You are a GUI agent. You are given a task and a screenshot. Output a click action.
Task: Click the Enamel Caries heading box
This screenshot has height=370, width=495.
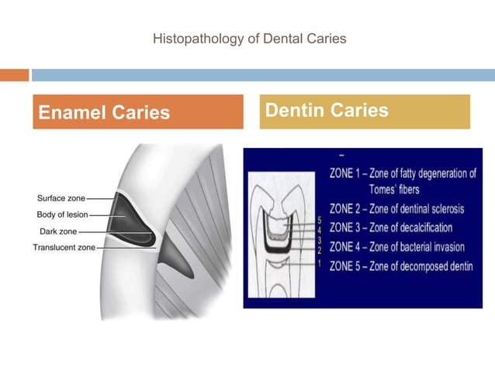(x=137, y=112)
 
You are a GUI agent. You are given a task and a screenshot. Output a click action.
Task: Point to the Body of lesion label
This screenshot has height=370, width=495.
(x=62, y=214)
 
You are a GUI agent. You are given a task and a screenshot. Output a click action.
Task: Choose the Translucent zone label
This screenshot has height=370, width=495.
(x=64, y=247)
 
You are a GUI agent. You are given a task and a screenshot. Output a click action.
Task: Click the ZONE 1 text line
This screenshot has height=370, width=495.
(x=402, y=174)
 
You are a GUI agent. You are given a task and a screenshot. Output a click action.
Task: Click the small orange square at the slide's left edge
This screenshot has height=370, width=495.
(x=13, y=75)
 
